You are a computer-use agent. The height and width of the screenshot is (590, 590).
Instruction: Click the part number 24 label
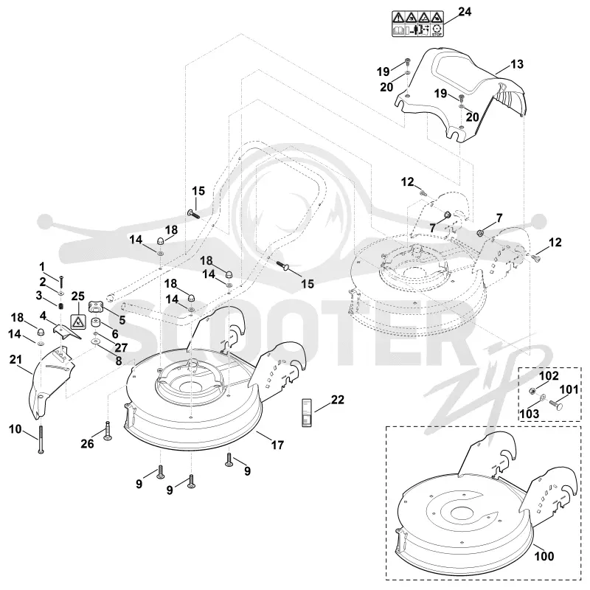465,12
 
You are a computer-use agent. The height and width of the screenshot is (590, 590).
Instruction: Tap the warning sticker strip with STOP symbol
417,24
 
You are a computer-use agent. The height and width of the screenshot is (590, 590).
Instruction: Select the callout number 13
517,64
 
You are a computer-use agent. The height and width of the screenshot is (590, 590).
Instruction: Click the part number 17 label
277,445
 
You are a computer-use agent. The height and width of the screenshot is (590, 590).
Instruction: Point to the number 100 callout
544,556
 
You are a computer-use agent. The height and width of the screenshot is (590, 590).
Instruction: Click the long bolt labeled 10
41,439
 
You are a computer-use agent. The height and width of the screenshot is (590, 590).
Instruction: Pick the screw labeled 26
108,431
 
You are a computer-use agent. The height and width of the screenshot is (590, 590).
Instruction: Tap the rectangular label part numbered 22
308,412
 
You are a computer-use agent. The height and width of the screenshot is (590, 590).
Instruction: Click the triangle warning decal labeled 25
78,322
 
